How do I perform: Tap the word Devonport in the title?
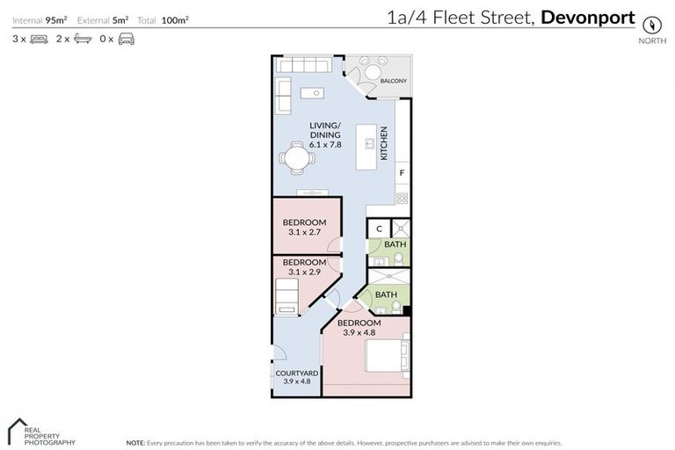588,17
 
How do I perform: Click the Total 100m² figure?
163,18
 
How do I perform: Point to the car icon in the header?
127,39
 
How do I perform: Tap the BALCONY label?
393,82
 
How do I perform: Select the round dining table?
294,159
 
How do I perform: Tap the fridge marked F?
403,174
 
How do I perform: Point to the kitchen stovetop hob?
403,199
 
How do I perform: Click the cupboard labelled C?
378,229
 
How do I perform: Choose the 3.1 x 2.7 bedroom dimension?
304,234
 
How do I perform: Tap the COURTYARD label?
296,374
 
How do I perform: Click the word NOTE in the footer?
136,442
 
